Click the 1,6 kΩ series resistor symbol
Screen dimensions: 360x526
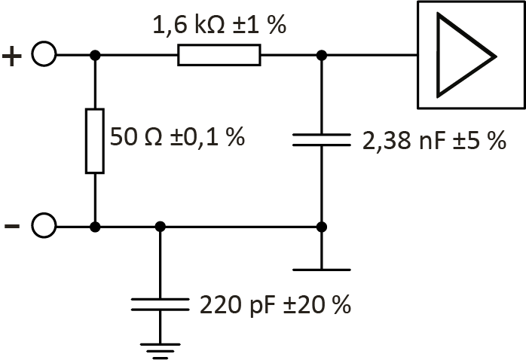tap(219, 55)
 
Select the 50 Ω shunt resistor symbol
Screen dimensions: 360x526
tap(94, 141)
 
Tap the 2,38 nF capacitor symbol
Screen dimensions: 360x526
tap(321, 140)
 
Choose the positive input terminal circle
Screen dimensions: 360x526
tap(44, 55)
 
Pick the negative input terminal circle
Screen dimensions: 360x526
tap(44, 226)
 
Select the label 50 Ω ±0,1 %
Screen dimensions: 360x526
tap(178, 137)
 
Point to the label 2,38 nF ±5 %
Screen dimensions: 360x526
tap(434, 141)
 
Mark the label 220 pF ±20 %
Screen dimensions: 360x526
tap(276, 305)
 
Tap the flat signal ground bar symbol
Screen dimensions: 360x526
tap(321, 269)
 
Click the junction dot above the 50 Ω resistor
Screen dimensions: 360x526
tap(94, 55)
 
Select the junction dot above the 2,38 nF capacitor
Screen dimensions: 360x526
tap(321, 55)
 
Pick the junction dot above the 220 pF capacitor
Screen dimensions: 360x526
tap(159, 226)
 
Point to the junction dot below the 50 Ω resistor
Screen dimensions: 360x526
tap(94, 226)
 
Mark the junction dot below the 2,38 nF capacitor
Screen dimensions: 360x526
tap(321, 226)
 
